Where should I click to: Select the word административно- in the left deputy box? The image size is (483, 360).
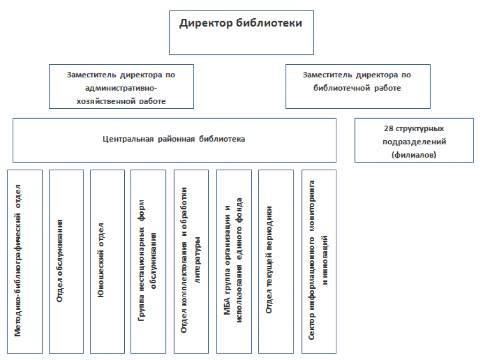(x=121, y=88)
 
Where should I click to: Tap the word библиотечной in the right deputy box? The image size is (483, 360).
(x=341, y=88)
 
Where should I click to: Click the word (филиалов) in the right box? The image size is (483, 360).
(x=414, y=154)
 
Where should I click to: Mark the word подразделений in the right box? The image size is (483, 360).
(x=414, y=142)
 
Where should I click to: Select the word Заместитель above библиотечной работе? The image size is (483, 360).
(x=326, y=75)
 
